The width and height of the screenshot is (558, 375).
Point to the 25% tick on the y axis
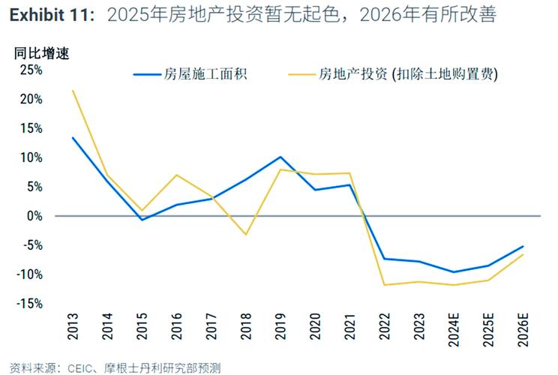coord(31,70)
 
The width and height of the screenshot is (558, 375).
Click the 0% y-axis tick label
coord(34,216)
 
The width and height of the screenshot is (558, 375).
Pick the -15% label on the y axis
coord(29,304)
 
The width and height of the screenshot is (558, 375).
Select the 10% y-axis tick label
coord(31,157)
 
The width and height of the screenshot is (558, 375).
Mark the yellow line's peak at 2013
coord(73,91)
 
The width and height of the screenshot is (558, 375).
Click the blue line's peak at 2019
coord(280,157)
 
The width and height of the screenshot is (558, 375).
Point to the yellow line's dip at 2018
coord(246,235)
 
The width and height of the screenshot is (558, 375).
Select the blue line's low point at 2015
coord(142,220)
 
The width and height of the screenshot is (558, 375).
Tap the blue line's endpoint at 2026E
coord(523,246)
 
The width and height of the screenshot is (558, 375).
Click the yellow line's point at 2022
coord(384,285)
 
